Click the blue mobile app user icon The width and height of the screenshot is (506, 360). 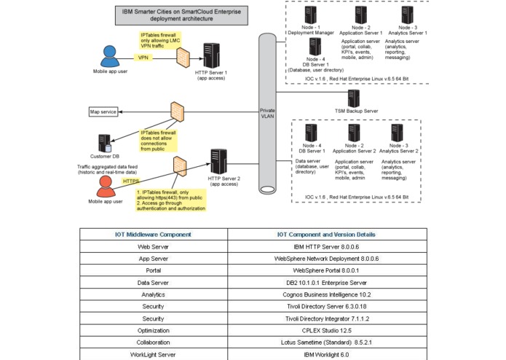pos(110,56)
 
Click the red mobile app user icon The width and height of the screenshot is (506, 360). pos(106,187)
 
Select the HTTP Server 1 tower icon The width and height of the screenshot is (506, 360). pos(211,55)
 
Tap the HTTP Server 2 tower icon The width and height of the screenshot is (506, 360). pos(219,162)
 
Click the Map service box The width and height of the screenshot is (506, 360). pos(103,111)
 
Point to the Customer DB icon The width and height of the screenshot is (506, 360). pos(105,144)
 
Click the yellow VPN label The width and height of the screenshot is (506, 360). pos(143,58)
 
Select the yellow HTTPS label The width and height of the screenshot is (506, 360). pos(131,181)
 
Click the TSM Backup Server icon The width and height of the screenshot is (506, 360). pos(354,98)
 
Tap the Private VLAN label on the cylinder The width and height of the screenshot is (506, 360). pos(267,114)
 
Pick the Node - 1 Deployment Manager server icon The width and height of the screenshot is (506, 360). pos(310,15)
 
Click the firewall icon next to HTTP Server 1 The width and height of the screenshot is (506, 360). pos(183,58)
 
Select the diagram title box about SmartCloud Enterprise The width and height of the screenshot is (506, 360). pos(182,15)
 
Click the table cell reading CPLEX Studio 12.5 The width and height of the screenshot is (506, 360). pos(327,331)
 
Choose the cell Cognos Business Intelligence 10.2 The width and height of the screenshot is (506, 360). pos(327,294)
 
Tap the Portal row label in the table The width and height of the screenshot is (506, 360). pos(154,270)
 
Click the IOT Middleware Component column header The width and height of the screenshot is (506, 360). pos(154,235)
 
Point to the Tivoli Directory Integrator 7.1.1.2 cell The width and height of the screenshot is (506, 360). pos(327,318)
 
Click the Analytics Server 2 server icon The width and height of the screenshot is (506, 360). pos(397,133)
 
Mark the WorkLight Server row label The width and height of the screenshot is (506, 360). pos(154,354)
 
